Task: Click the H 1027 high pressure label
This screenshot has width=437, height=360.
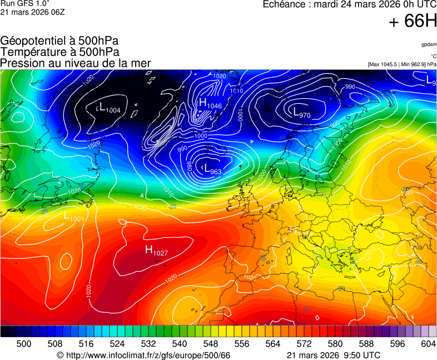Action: coord(156,251)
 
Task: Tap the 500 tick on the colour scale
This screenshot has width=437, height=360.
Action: coord(24,344)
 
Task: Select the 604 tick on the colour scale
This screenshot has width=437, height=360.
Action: coord(428,344)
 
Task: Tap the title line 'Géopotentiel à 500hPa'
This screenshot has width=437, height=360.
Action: coord(59,41)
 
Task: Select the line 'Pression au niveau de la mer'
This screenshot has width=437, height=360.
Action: coord(76,63)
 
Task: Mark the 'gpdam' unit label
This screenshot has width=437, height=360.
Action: coord(428,44)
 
